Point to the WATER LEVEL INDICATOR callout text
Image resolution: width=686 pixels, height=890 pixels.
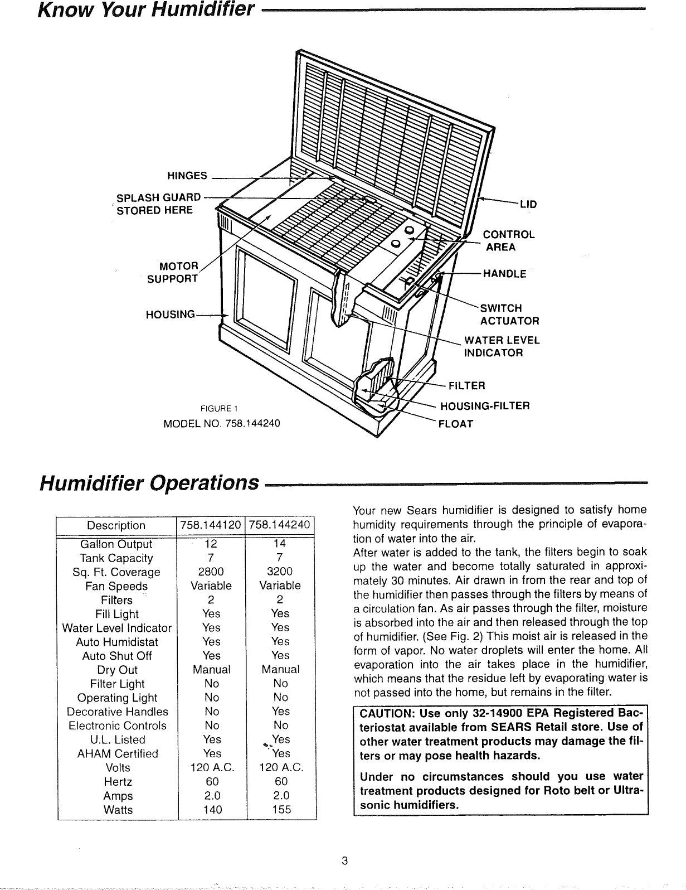[x=502, y=346]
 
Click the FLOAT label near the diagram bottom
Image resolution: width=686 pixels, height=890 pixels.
[x=456, y=424]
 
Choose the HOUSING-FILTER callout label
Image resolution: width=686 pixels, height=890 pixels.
[x=484, y=405]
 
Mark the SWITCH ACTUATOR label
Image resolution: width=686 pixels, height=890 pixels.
[x=509, y=315]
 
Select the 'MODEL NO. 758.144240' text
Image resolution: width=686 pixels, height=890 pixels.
[x=221, y=423]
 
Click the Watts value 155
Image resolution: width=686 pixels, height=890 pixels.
[x=280, y=809]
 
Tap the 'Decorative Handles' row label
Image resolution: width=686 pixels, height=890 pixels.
[x=117, y=712]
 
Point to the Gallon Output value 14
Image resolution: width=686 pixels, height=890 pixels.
[x=280, y=544]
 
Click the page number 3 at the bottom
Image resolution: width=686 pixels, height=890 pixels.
[x=344, y=860]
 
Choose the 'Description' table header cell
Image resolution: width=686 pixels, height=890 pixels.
[x=116, y=525]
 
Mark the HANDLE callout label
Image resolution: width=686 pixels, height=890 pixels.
[x=504, y=274]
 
